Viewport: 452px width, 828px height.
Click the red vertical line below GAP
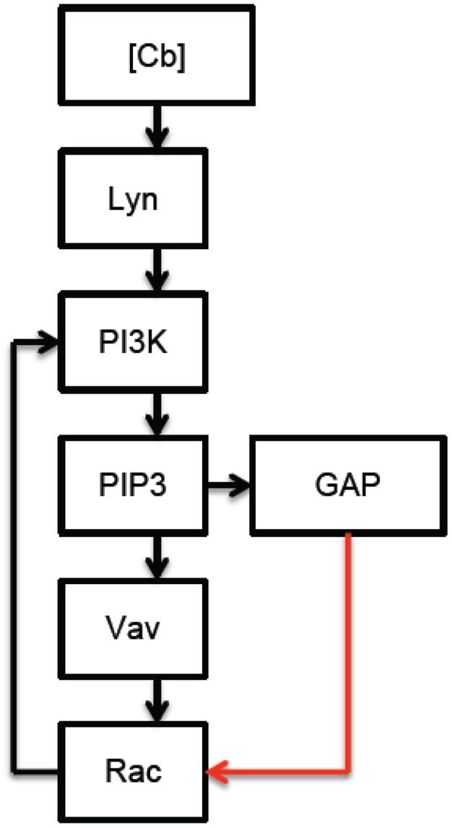(349, 650)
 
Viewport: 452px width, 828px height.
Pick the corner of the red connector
(349, 771)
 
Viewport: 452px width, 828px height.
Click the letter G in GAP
(322, 484)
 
